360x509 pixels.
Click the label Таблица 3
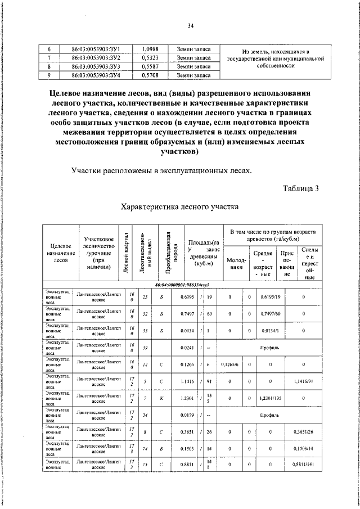300,188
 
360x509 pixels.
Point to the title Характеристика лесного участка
180,206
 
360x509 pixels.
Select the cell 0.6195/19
271,297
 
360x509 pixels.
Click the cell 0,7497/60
271,314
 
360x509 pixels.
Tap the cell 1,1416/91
305,382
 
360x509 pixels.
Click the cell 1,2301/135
271,399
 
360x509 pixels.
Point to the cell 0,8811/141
305,466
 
